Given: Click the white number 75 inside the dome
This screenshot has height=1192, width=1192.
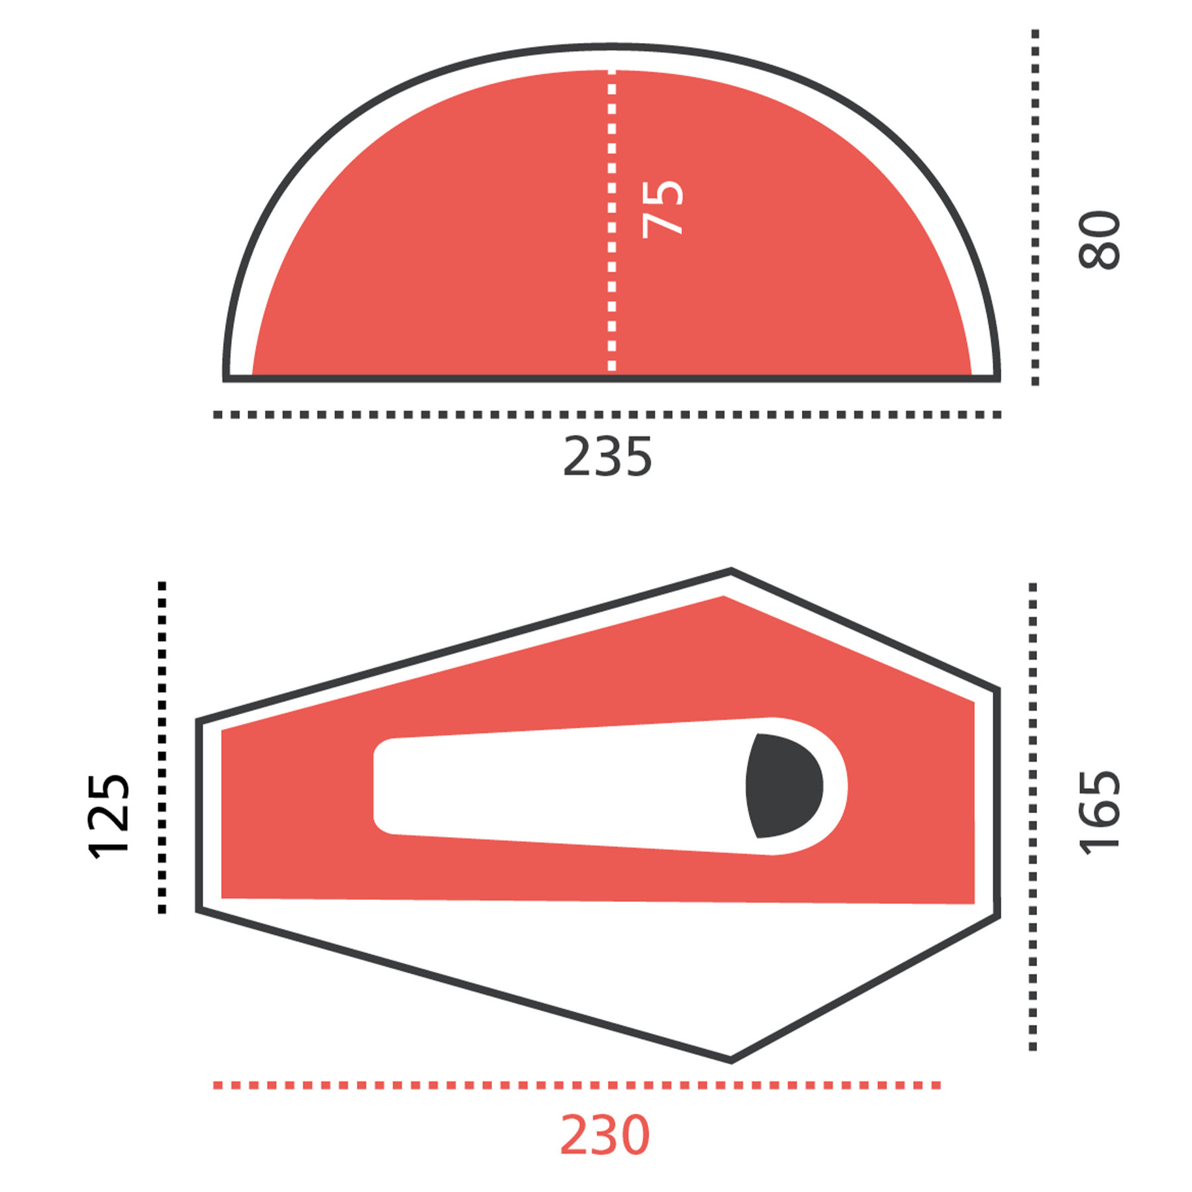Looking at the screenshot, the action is click(x=663, y=209).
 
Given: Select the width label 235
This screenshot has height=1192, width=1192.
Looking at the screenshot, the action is click(x=607, y=456).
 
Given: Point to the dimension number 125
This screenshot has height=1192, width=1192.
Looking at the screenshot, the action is click(x=108, y=816).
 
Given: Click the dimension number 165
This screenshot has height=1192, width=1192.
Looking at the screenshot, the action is click(x=1100, y=813).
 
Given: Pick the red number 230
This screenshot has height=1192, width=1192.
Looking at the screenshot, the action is click(x=605, y=1135).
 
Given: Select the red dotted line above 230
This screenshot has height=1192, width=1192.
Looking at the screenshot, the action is click(x=577, y=1085).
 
